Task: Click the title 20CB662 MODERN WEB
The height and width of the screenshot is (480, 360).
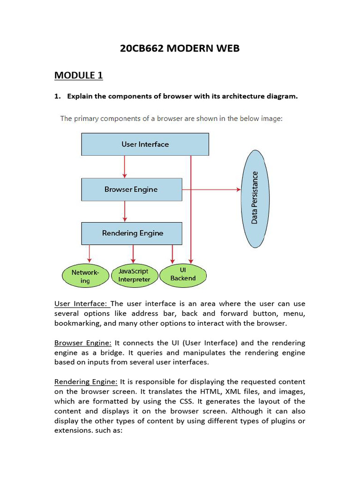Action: point(180,48)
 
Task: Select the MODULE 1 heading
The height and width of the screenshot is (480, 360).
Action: point(78,75)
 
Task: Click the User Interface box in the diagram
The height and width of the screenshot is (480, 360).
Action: point(145,144)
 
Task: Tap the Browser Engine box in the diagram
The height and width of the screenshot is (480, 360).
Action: point(131,189)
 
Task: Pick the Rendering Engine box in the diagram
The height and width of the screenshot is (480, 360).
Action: point(132,233)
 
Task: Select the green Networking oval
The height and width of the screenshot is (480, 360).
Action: point(85,276)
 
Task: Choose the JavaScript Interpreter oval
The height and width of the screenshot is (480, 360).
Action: point(134,276)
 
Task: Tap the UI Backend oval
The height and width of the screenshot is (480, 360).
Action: point(183,275)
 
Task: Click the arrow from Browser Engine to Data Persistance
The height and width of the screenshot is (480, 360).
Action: point(211,189)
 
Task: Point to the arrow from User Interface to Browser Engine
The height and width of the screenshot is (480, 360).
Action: point(125,166)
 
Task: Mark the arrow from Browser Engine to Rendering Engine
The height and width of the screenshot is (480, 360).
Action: point(125,211)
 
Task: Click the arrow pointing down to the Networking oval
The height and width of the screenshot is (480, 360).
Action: point(90,254)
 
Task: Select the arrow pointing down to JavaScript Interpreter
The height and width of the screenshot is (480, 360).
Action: point(134,254)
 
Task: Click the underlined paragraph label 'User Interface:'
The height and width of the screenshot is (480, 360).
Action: point(82,304)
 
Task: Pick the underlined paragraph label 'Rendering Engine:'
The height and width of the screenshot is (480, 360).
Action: point(86,382)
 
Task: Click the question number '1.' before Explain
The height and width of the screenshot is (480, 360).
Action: point(58,96)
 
